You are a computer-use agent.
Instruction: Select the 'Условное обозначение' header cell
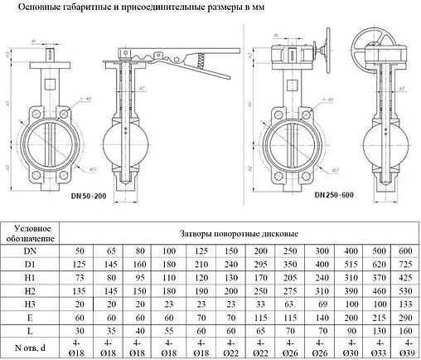(x=36, y=234)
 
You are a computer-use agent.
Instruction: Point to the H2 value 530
(x=405, y=291)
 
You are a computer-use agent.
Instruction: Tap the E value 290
(x=405, y=318)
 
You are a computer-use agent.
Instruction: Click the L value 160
(x=405, y=331)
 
